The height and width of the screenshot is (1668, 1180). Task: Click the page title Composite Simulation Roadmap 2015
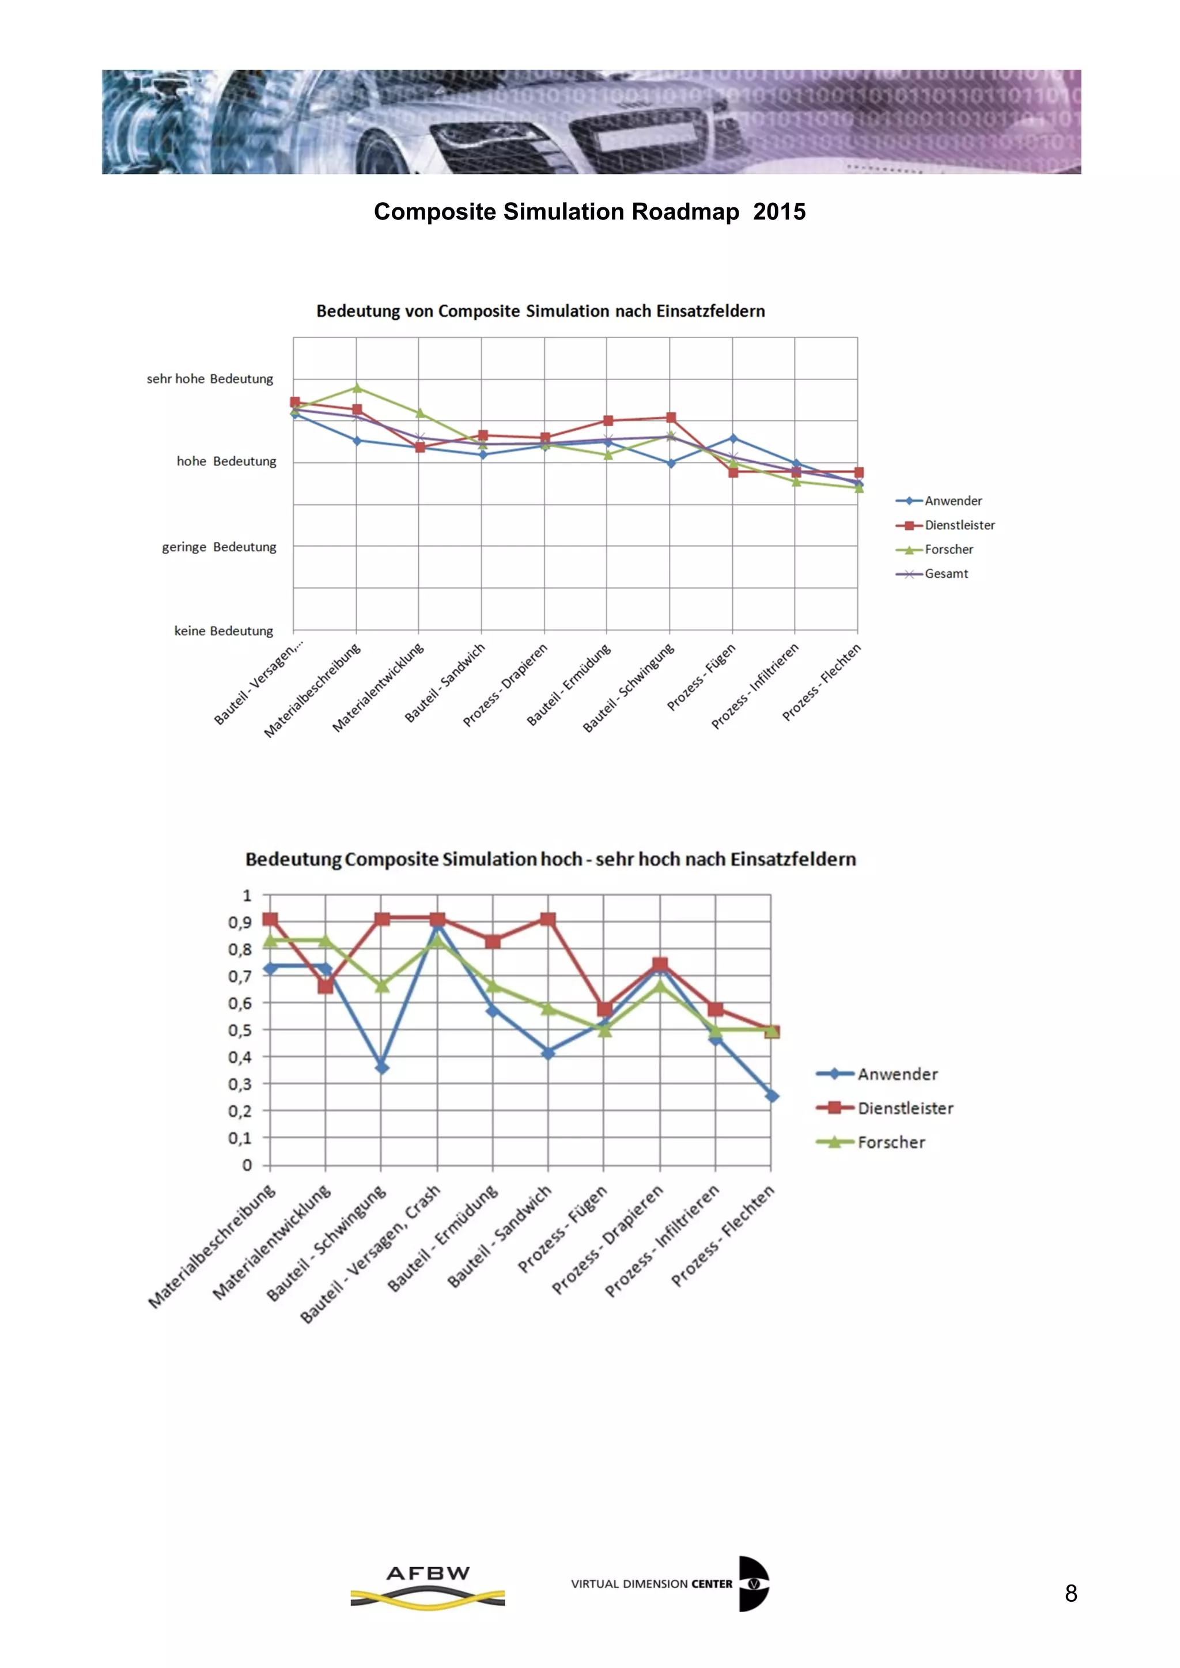(x=589, y=211)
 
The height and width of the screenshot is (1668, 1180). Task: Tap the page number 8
(x=1071, y=1593)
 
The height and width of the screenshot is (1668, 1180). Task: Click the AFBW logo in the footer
(x=428, y=1585)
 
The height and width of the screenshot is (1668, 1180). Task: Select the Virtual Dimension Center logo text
(x=651, y=1584)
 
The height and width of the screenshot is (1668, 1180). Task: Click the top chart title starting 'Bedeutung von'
(x=540, y=312)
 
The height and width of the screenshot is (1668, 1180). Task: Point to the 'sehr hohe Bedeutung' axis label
(x=210, y=378)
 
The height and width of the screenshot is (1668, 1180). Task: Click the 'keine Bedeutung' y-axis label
(x=224, y=631)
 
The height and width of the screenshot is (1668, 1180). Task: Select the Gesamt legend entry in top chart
(x=945, y=574)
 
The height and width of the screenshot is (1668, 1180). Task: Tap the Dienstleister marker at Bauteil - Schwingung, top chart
(x=671, y=418)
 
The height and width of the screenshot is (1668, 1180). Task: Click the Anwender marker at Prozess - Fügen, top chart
(x=733, y=438)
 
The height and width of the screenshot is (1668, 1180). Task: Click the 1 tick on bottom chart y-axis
(x=247, y=896)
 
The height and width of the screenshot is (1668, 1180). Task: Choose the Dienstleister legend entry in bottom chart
(x=905, y=1108)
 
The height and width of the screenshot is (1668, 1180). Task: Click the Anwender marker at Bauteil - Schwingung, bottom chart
(x=382, y=1067)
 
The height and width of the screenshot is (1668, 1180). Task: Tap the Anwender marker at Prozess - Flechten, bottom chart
(x=771, y=1096)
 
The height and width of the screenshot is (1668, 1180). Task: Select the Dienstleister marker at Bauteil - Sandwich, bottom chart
(x=548, y=920)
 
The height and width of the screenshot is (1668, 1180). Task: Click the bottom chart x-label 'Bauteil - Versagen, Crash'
(x=371, y=1254)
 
